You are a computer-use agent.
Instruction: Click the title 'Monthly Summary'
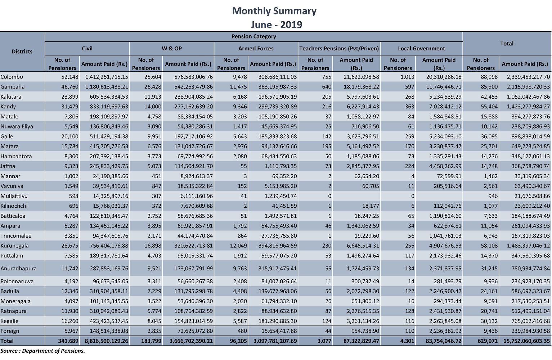click(274, 11)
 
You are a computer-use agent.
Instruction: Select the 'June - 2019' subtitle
click(276, 24)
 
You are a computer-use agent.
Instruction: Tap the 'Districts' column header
click(22, 51)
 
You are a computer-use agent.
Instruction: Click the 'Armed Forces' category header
click(256, 49)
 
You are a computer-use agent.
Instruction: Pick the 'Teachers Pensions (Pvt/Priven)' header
click(339, 49)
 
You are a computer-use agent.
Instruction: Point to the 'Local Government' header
click(421, 49)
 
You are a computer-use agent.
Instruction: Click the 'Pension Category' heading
click(253, 36)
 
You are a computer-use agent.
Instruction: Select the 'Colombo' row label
click(12, 77)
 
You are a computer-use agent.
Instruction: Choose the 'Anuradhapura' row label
click(18, 268)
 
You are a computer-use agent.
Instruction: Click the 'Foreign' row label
click(10, 331)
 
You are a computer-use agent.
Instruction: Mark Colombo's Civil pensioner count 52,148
click(70, 77)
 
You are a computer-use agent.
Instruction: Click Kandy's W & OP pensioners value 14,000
click(153, 107)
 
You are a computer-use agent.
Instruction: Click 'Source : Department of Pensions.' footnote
click(42, 351)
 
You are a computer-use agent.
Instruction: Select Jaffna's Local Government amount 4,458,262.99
click(445, 166)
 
